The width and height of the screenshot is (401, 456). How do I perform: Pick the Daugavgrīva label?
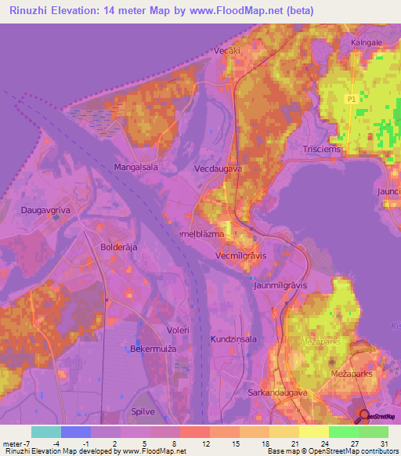pyautogui.click(x=45, y=211)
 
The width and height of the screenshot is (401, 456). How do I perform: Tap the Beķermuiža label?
pyautogui.click(x=151, y=347)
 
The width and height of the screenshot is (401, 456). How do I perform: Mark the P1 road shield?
pyautogui.click(x=352, y=98)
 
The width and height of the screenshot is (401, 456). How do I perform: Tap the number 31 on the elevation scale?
pyautogui.click(x=384, y=443)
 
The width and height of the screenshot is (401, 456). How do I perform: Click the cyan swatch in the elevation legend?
pyautogui.click(x=45, y=432)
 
